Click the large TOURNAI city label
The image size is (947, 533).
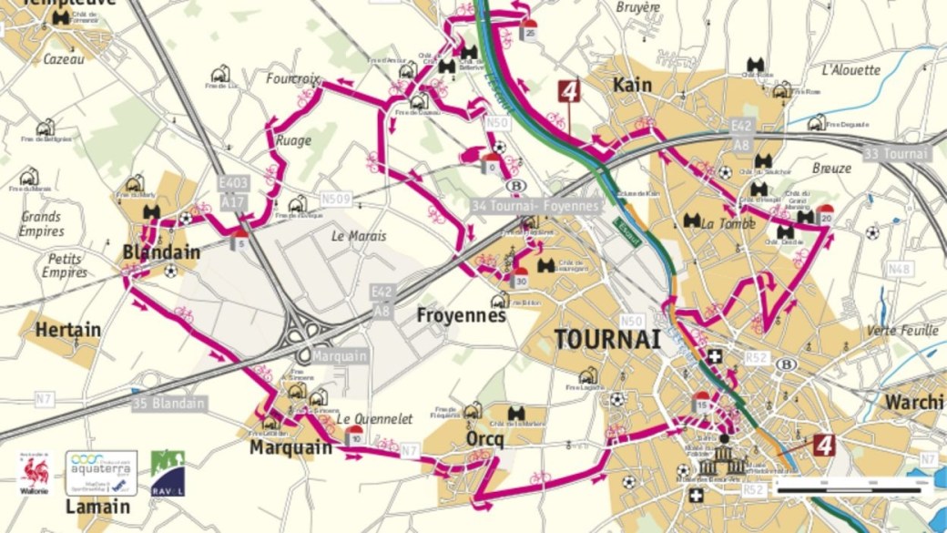(x=606, y=340)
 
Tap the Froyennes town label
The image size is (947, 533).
(x=461, y=315)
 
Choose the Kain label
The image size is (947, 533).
(x=633, y=85)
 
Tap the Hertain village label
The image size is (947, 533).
(x=68, y=330)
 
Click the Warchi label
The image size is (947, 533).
(x=914, y=401)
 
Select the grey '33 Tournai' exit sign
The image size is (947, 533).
(x=896, y=153)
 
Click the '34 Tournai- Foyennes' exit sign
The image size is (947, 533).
(x=535, y=207)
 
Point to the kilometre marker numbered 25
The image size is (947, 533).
(x=529, y=31)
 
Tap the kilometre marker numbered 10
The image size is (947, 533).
(x=354, y=436)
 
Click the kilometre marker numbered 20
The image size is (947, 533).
(x=826, y=215)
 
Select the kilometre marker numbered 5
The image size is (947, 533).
(x=239, y=240)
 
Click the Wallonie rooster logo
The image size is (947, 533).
(x=36, y=473)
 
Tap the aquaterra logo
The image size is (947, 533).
(x=101, y=473)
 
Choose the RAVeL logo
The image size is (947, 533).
(x=168, y=473)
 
